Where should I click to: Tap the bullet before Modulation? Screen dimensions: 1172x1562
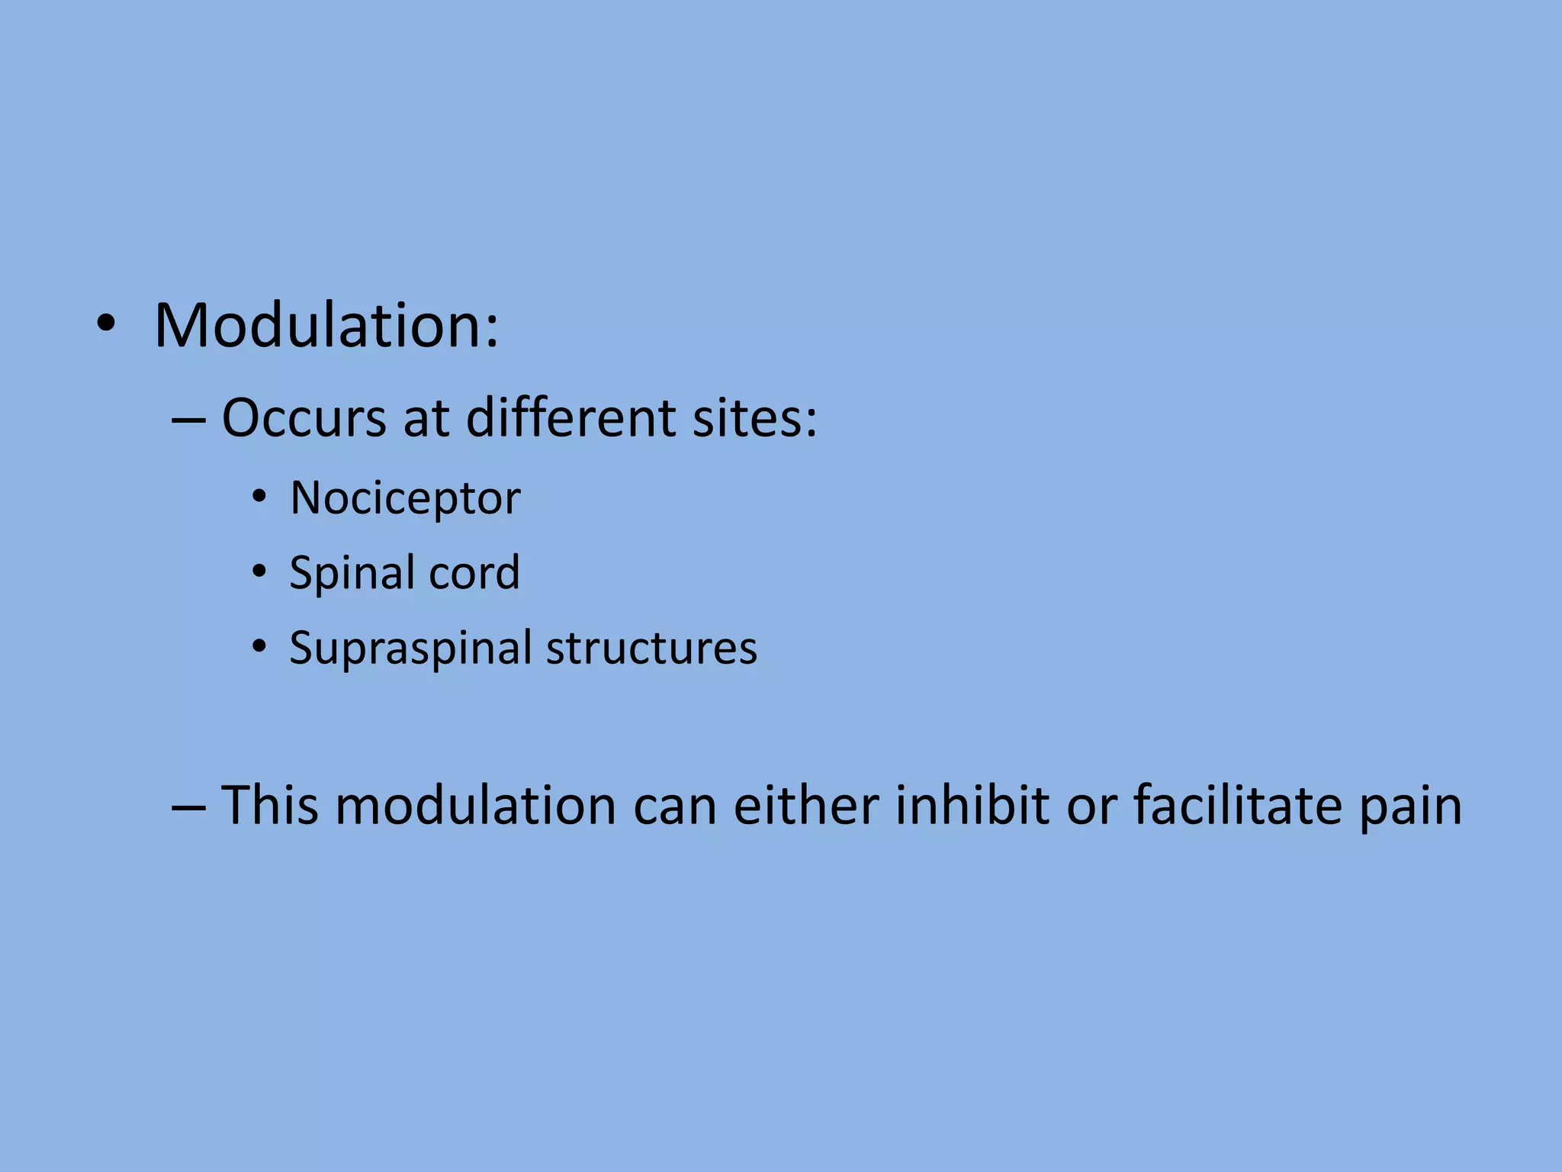click(106, 326)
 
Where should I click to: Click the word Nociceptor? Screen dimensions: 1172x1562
click(405, 498)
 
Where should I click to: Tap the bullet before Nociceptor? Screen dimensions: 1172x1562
click(259, 498)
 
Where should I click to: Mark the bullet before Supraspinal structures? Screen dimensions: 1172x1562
click(259, 647)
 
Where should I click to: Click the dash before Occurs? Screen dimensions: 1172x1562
click(188, 420)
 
